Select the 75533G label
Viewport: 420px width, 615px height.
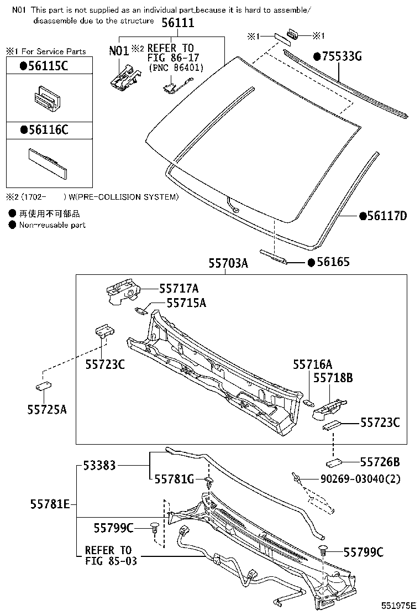tap(338, 56)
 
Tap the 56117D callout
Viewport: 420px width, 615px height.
tap(383, 216)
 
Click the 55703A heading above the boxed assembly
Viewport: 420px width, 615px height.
tap(228, 264)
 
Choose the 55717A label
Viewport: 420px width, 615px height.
tap(179, 288)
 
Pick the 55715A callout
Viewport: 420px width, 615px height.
tap(186, 303)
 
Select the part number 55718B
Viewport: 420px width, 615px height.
tap(333, 378)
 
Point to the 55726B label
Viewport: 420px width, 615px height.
tap(380, 461)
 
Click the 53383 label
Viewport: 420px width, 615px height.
tap(99, 466)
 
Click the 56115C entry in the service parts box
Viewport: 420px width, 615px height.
tap(44, 66)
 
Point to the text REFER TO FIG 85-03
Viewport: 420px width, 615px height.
tap(108, 555)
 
